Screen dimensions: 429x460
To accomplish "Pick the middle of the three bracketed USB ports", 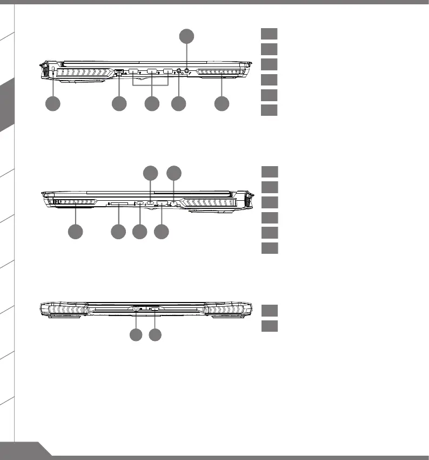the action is point(152,71).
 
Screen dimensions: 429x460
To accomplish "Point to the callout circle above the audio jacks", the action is point(186,36).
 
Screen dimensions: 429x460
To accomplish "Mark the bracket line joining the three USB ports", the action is point(152,85).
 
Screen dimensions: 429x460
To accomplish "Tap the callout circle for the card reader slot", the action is point(118,232).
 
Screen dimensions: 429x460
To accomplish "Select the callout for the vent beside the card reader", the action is point(76,232).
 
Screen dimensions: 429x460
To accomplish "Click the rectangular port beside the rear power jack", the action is point(156,310).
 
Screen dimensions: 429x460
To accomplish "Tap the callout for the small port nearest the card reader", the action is point(139,232).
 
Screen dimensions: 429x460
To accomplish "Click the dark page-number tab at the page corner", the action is point(22,451).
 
